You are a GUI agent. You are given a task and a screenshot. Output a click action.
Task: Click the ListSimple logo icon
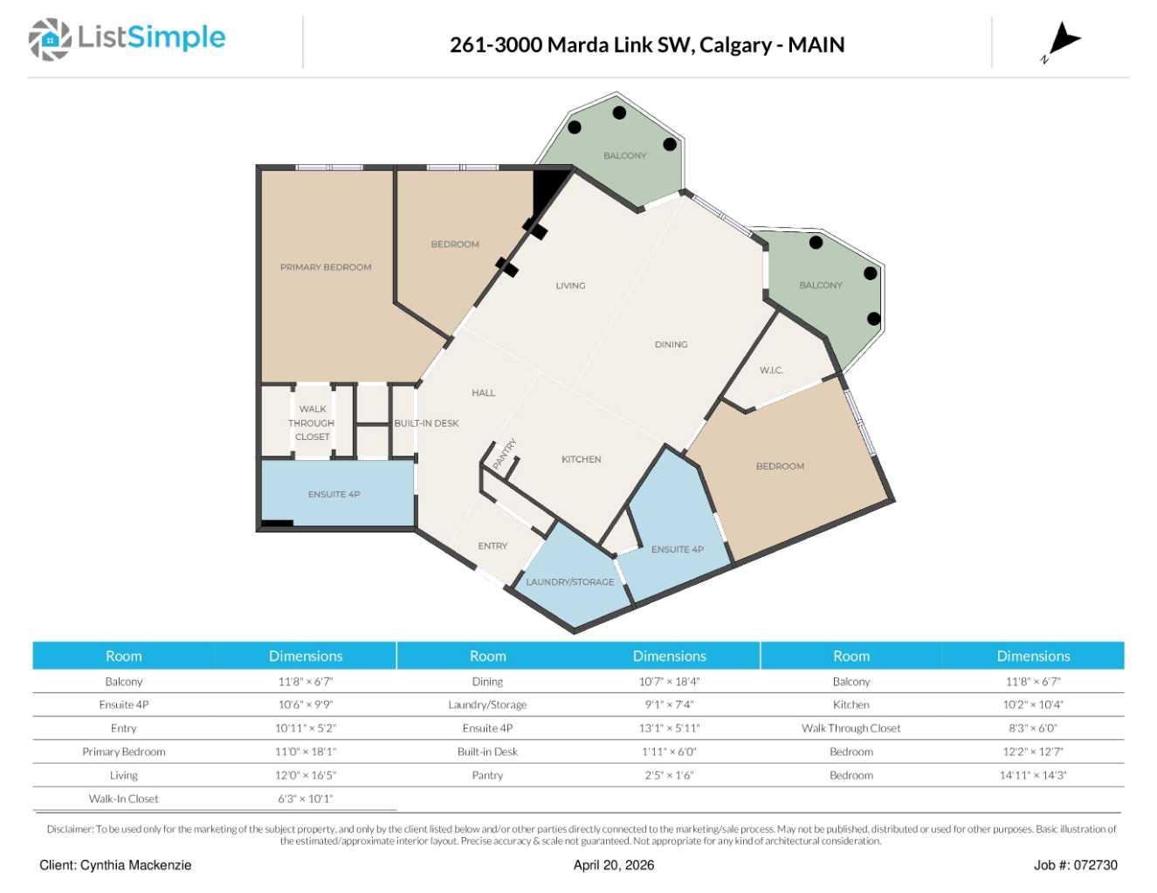click(x=50, y=39)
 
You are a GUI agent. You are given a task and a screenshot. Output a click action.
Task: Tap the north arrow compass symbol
click(x=1061, y=43)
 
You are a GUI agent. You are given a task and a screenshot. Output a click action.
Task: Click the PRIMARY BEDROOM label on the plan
click(x=326, y=267)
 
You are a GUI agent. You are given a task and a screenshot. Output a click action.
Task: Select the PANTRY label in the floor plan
click(x=505, y=454)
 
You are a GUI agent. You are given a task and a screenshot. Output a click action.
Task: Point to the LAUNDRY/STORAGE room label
click(x=569, y=581)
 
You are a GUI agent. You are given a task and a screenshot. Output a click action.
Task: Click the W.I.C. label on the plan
click(x=771, y=370)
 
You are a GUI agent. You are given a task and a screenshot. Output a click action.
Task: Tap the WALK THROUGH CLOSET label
click(x=312, y=423)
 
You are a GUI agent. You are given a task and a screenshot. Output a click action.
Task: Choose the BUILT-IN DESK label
click(x=426, y=423)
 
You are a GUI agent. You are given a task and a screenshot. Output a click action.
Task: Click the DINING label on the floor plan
click(x=671, y=344)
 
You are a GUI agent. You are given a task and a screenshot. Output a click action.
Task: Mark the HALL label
click(x=484, y=393)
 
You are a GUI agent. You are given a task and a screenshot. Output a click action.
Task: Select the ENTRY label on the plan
click(x=492, y=546)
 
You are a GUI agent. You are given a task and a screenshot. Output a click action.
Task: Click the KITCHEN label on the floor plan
click(x=581, y=459)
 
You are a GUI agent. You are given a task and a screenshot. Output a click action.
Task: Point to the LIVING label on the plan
click(x=570, y=285)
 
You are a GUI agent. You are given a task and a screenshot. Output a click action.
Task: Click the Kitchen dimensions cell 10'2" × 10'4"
click(x=1033, y=704)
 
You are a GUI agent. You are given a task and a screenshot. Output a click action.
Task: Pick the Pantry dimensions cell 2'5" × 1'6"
click(x=669, y=775)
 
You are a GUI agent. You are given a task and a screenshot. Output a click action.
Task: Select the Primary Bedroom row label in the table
click(x=123, y=752)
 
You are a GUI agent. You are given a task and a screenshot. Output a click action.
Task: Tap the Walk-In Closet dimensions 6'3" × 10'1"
click(x=306, y=798)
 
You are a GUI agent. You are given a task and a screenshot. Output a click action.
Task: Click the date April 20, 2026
click(x=613, y=865)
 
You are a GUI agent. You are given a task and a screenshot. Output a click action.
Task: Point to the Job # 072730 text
click(x=1076, y=865)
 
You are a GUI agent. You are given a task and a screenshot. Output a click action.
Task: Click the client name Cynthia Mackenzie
click(x=135, y=865)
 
